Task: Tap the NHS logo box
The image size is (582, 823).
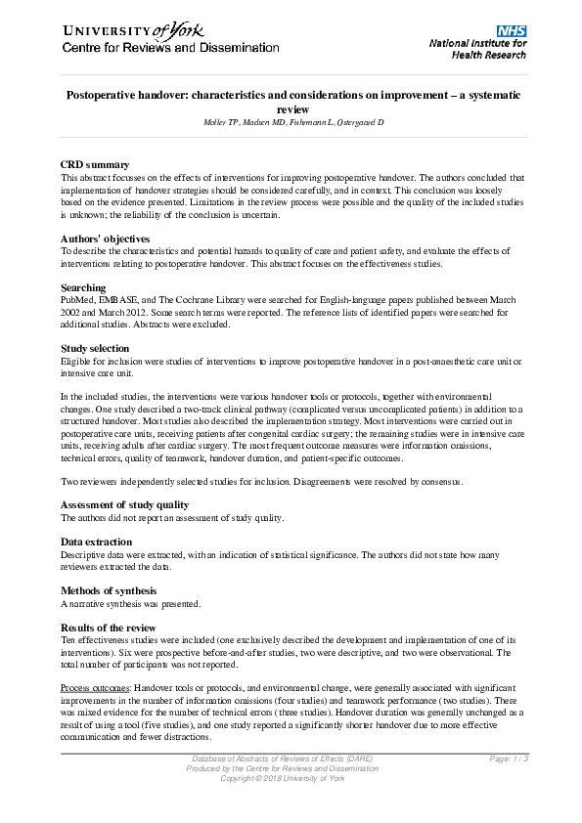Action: [x=511, y=32]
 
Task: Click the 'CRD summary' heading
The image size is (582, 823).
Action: [x=95, y=165]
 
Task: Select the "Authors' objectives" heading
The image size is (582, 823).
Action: [x=105, y=238]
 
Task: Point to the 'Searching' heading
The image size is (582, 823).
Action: [x=83, y=287]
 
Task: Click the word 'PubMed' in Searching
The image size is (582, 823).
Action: [x=78, y=300]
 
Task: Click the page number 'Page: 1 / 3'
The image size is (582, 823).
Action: [x=509, y=758]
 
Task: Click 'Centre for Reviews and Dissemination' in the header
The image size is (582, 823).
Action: [x=171, y=48]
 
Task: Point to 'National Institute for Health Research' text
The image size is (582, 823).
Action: [x=477, y=50]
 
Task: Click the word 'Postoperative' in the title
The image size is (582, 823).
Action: [x=105, y=96]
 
